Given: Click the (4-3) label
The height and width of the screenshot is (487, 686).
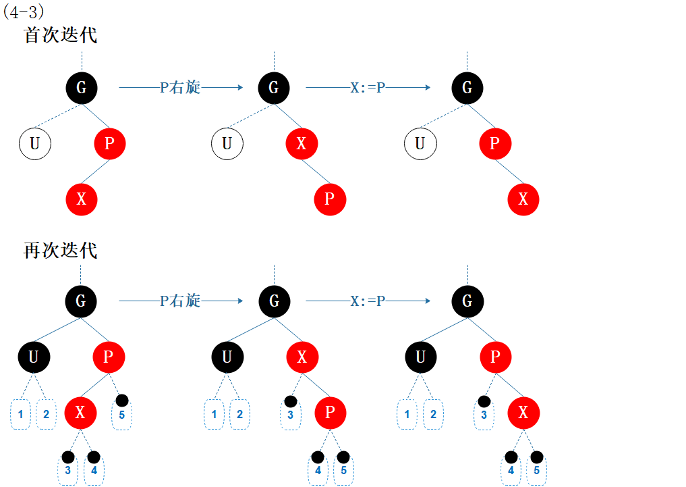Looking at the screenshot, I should pos(24,11).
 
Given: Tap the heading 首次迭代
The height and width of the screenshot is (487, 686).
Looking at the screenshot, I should pos(61,35).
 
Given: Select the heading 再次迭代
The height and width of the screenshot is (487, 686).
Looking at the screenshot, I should pos(61,251).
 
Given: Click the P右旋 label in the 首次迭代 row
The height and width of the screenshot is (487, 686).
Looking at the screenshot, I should pos(180,88).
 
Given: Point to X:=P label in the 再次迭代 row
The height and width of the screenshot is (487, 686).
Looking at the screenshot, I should pos(368,301).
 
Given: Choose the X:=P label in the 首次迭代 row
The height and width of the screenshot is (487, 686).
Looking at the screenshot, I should pos(368,88).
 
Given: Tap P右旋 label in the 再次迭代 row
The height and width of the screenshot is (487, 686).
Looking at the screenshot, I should pos(180,301).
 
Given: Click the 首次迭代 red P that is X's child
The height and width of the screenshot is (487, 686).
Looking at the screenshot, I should pos(330,199).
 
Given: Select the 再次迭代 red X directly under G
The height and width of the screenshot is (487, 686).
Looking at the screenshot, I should pos(302,357).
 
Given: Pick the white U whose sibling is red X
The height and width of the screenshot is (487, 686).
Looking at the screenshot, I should pos(227,143).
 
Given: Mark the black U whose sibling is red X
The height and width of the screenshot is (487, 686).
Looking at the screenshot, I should pos(227,357).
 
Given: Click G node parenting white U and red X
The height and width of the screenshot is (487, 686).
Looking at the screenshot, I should pos(273,88).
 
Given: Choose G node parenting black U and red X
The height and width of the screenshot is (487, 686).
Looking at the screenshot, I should pos(273,301).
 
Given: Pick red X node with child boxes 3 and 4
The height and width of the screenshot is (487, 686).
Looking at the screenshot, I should pos(80,413).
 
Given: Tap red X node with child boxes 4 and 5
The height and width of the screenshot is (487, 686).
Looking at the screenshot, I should pos(523,413).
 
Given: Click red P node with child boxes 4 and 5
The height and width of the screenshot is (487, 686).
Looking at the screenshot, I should pos(330,413).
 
